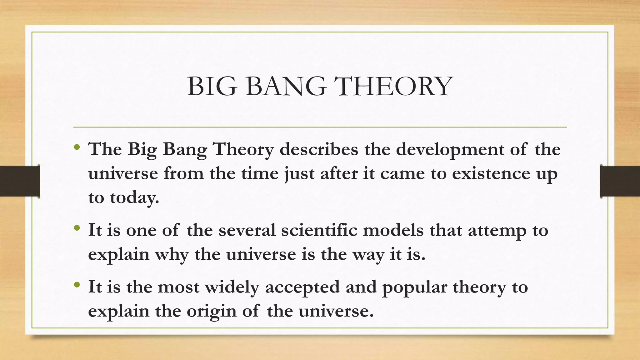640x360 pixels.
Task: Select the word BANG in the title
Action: coord(286,87)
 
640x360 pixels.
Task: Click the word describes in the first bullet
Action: coord(319,149)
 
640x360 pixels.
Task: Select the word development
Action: coord(450,150)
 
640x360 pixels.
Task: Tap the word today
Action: coord(134,198)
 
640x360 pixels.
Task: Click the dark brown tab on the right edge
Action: coord(620,181)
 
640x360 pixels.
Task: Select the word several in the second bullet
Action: coord(247,230)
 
